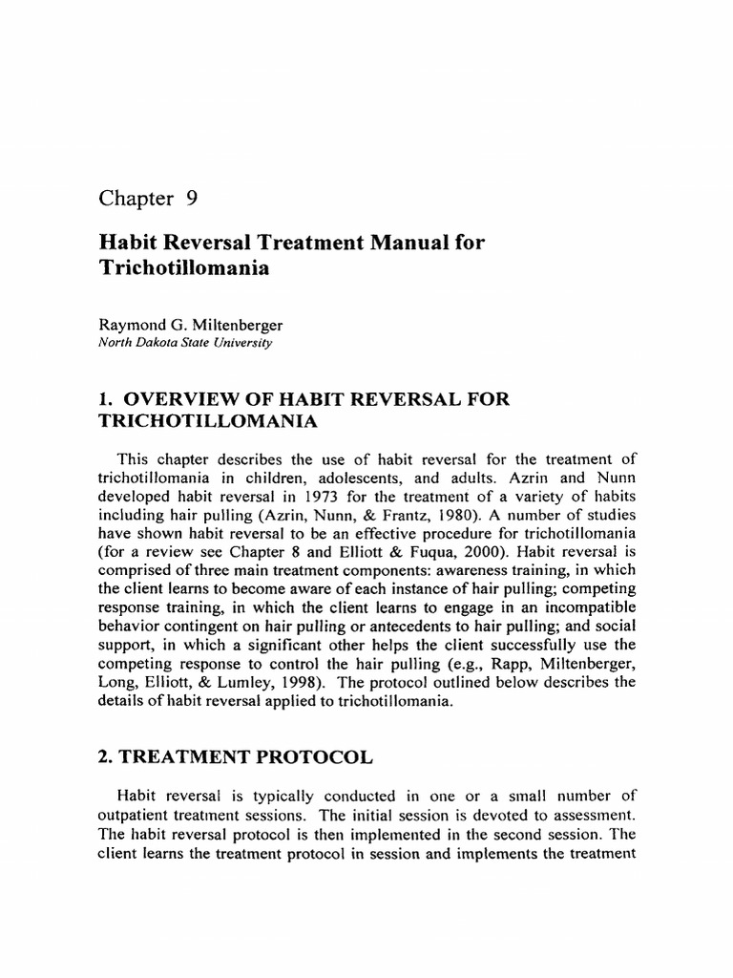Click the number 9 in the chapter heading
coord(189,199)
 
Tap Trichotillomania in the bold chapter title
coord(183,268)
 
